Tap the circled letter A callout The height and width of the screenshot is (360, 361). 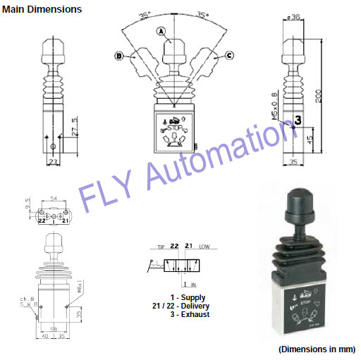(161, 31)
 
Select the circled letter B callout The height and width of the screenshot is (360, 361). (120, 55)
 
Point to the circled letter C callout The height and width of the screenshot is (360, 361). (228, 55)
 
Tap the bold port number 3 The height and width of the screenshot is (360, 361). (298, 120)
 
